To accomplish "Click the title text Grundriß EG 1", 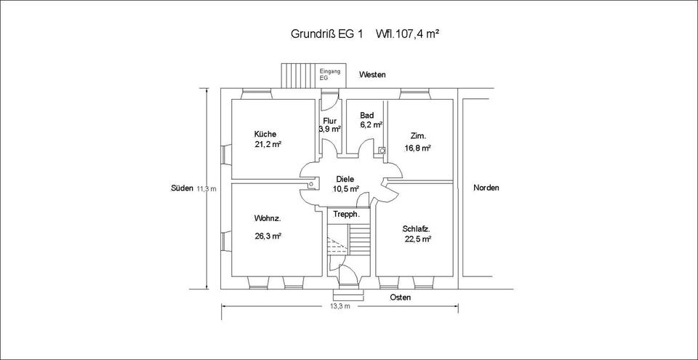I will [326, 34].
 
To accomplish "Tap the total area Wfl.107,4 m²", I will [406, 34].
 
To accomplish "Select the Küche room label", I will [265, 135].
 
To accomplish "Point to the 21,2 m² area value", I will [268, 145].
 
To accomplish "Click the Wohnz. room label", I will [267, 219].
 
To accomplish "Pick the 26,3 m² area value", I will [268, 236].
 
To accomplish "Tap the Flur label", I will [329, 121].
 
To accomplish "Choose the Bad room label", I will [367, 116].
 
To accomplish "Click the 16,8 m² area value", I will [418, 148].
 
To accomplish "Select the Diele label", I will [344, 180].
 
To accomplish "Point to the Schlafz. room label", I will [417, 228].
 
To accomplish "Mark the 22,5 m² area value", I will [418, 239].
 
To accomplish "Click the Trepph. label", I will [347, 215].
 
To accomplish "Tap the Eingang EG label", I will [330, 74].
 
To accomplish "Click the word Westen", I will [372, 75].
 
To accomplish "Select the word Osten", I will [400, 298].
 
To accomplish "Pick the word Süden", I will [182, 188].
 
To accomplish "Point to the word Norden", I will [486, 188].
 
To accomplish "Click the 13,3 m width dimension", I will [340, 307].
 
